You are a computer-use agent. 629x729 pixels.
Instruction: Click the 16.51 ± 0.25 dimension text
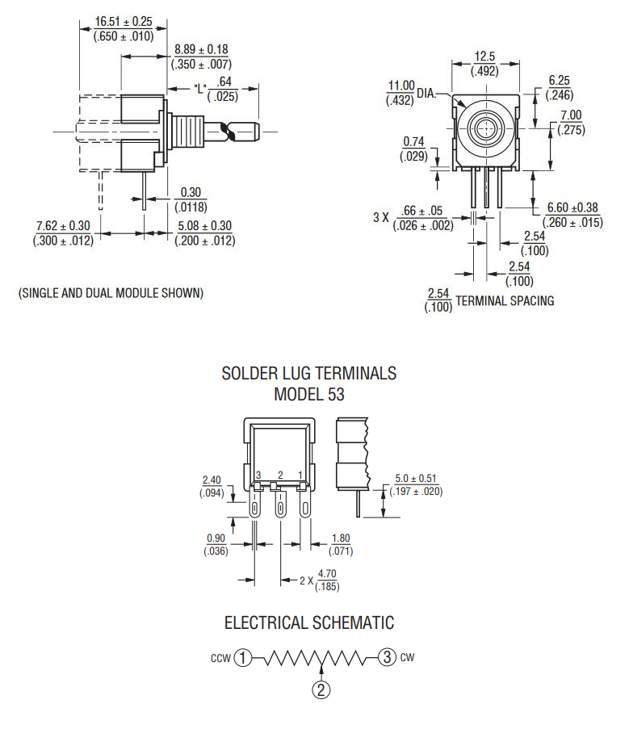124,21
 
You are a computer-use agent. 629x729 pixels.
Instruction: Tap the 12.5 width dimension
484,57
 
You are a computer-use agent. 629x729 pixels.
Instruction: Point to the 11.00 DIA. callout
401,86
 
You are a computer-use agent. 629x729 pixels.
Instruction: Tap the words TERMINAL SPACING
505,300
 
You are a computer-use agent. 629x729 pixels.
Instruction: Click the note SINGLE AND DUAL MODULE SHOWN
111,292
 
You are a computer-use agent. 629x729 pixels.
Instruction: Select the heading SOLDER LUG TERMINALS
309,374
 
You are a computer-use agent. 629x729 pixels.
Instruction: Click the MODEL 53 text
309,395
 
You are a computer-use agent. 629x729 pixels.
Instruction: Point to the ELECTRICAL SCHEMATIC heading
309,623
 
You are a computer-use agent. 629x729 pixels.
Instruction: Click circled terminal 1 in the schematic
244,657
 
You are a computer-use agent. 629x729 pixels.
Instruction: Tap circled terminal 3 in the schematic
388,657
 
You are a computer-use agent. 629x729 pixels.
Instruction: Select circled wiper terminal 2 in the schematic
321,689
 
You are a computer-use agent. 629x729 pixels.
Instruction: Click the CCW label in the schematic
220,658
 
